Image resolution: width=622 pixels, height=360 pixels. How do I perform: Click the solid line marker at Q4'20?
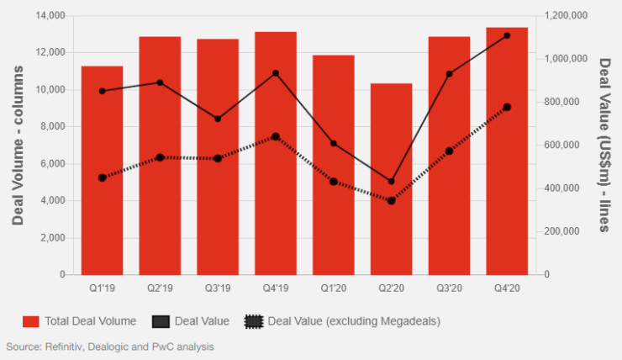507,35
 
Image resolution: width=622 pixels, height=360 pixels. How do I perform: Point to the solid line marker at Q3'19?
218,119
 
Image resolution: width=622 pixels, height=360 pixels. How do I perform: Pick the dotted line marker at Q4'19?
276,136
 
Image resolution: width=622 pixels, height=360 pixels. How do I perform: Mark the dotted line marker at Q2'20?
391,200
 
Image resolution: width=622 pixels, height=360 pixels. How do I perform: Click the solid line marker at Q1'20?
334,144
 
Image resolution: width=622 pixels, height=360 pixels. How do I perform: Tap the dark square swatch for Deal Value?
161,320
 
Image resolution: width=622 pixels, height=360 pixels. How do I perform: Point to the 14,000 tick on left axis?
51,16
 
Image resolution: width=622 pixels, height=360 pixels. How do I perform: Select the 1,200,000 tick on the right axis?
564,16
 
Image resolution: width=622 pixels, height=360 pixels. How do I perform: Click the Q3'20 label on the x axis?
449,289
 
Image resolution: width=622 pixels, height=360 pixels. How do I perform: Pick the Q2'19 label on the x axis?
160,289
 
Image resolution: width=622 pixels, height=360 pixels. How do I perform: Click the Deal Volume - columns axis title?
18,145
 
